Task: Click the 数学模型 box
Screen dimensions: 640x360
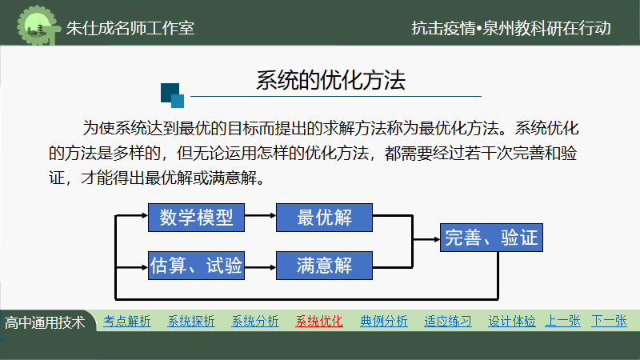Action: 196,218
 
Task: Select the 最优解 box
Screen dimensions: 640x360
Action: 324,218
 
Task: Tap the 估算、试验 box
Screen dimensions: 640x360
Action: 196,266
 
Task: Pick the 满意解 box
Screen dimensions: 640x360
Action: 324,266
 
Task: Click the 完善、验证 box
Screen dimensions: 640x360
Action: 491,238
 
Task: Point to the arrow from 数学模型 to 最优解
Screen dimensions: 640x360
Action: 261,215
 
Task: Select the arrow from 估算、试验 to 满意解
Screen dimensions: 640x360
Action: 261,268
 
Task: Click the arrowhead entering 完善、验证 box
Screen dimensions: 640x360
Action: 437,239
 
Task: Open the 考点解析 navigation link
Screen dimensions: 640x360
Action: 127,322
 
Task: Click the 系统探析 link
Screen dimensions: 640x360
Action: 191,322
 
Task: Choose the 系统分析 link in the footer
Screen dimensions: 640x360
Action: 255,322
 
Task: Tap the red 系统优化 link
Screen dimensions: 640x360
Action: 319,322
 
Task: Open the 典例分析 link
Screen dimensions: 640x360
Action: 384,322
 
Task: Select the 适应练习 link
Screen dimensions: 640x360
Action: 448,322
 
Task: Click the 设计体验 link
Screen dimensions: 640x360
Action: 512,322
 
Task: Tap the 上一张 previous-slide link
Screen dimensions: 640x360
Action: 563,321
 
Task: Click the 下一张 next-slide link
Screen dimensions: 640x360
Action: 609,321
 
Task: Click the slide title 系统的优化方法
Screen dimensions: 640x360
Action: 330,80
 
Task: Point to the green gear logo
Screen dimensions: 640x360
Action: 37,26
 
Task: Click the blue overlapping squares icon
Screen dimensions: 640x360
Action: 172,95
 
